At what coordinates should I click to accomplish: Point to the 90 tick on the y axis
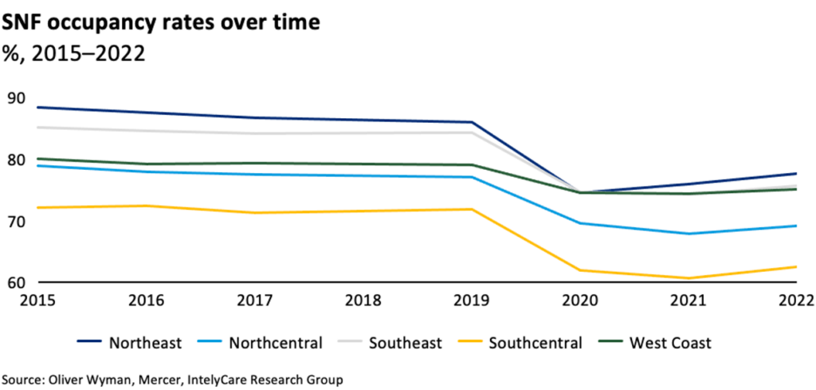(x=17, y=99)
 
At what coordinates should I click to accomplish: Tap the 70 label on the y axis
(x=17, y=221)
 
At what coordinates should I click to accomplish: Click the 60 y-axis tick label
(x=17, y=282)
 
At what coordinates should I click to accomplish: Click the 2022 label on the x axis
(x=795, y=301)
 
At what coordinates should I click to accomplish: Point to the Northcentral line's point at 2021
(x=687, y=234)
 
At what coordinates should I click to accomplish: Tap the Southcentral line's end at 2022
(x=796, y=266)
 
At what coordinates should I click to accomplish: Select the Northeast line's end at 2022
(x=796, y=173)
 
